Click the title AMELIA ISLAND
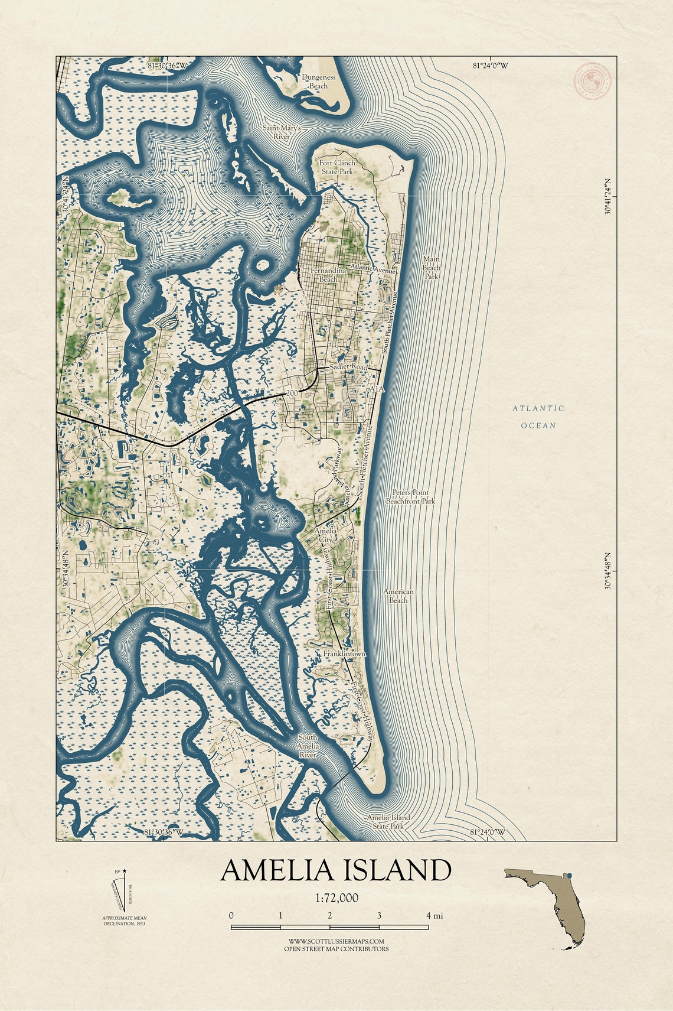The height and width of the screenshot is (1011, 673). coord(336,870)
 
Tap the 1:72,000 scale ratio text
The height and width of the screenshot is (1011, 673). coord(336,898)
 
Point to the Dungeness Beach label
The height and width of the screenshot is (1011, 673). coord(319,82)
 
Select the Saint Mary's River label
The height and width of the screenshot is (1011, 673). coord(282,132)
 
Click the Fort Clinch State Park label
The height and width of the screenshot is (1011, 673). coord(336,167)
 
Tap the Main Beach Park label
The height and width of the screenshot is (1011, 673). coord(432,267)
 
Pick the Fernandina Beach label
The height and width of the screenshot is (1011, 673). coord(324,274)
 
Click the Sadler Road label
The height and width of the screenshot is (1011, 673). coord(348,368)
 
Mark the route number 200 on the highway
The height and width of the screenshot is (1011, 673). coord(292,394)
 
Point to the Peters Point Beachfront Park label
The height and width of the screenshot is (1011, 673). coord(410,496)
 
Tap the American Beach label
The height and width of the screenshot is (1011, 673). coord(398,596)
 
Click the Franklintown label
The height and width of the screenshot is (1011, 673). coord(344,654)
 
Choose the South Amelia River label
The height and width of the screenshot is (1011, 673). coord(308,746)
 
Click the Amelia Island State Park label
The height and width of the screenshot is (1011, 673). coord(388,821)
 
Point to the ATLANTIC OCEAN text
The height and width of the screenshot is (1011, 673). coord(538,417)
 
